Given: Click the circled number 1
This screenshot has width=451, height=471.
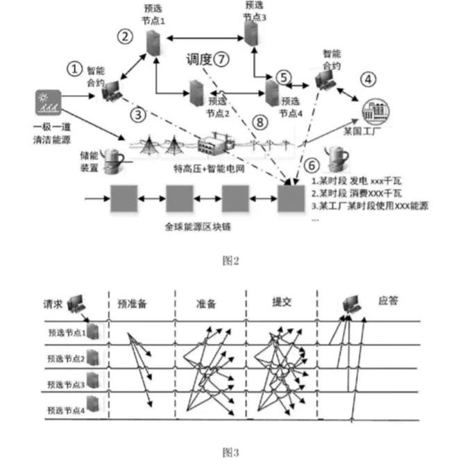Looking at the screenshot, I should click(x=74, y=67).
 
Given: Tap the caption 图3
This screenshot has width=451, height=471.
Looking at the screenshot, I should click(x=230, y=452).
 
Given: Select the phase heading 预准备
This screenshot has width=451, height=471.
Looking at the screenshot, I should click(x=133, y=302).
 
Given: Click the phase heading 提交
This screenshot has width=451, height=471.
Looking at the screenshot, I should click(x=281, y=302).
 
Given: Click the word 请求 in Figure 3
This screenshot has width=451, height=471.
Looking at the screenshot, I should click(x=53, y=302).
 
